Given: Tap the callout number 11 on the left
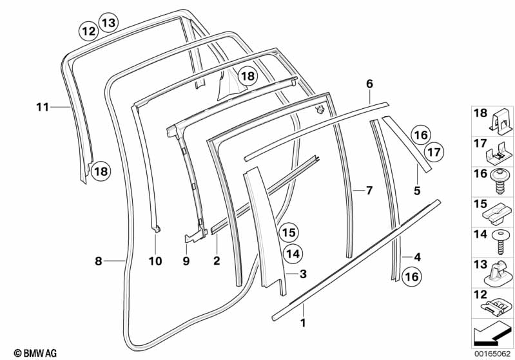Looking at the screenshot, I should [42, 108].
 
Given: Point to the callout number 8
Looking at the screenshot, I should [98, 261].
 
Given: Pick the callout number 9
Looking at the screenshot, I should [186, 261].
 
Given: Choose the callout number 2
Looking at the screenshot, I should [217, 261].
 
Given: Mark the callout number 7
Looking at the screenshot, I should [369, 190].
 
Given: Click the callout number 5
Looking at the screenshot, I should [416, 190].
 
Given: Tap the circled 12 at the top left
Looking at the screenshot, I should [88, 30].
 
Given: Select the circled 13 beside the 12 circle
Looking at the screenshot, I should [108, 23].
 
